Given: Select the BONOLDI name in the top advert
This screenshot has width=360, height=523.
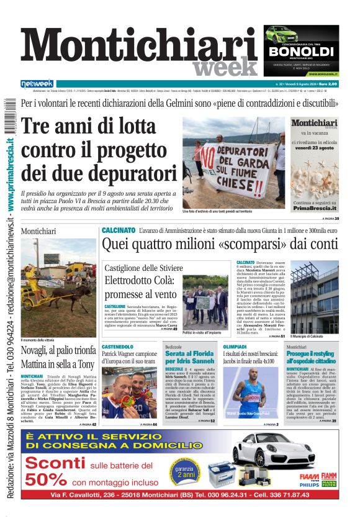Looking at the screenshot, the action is [301, 52].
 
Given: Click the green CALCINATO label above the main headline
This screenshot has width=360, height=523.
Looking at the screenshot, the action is [119, 230].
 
